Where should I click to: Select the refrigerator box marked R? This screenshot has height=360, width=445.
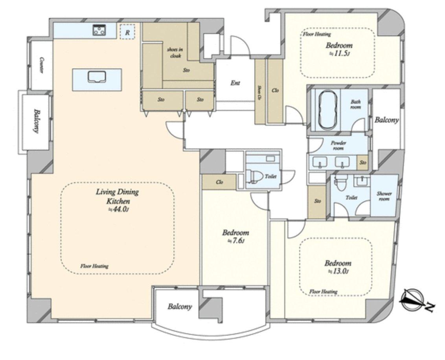pos(127,32)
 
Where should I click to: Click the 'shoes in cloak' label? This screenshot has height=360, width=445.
pos(175,52)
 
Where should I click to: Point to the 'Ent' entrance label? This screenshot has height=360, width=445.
pos(235,83)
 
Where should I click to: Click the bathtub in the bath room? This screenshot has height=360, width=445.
pos(326,109)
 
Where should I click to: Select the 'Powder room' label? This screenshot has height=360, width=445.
pos(338,146)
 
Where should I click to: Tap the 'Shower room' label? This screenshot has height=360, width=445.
pos(384,196)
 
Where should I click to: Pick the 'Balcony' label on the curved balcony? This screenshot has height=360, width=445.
pos(180,306)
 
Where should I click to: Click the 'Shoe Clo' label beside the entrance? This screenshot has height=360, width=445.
pos(259,91)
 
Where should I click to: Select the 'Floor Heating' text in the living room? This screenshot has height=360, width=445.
pos(94,266)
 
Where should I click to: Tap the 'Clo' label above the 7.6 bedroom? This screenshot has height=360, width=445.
pos(219,182)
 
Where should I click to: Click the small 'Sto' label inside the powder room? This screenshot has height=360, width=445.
pos(363,162)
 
